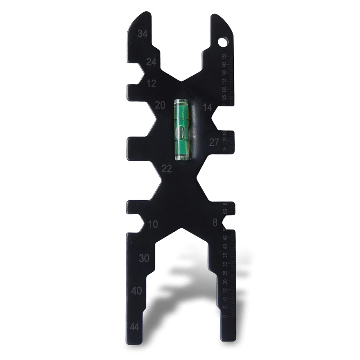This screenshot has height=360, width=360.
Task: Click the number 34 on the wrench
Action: (142, 34)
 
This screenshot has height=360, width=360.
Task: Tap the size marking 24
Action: (151, 62)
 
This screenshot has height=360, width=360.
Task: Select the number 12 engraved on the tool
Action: (152, 84)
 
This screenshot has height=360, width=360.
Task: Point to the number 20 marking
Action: (160, 105)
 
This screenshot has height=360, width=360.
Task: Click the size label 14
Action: (207, 107)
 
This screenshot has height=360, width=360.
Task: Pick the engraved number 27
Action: (214, 142)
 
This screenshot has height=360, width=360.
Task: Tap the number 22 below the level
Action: (167, 169)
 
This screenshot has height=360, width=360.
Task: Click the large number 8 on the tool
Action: (215, 223)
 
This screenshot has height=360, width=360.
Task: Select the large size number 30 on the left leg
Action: (144, 258)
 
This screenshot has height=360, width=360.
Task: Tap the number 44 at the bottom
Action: (135, 327)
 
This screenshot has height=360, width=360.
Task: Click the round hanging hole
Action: (223, 42)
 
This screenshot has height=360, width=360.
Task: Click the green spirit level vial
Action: (182, 129)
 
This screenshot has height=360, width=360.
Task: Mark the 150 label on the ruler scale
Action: (224, 56)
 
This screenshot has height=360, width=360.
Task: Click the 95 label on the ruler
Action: (225, 149)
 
